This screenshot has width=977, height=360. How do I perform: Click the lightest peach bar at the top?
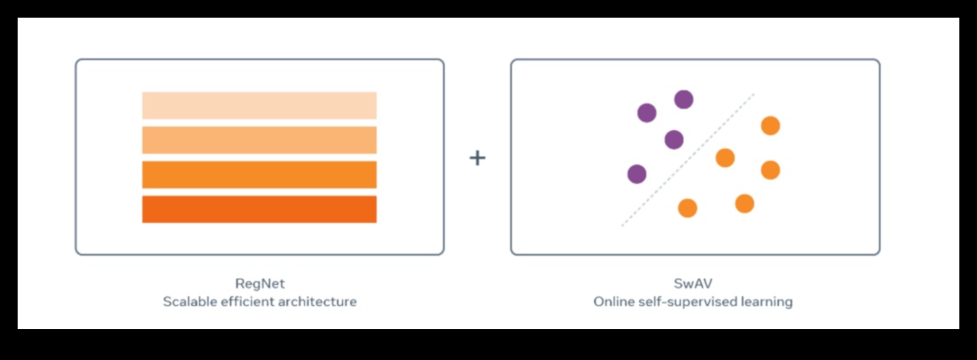click(x=259, y=105)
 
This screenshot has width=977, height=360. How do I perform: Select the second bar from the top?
click(x=259, y=140)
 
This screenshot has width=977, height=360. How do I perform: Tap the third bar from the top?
click(x=259, y=174)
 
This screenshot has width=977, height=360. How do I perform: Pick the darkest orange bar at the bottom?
click(x=259, y=209)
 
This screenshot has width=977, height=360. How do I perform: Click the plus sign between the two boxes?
click(x=477, y=158)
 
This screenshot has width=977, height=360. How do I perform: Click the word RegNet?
click(x=260, y=284)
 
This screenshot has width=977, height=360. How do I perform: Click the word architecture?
click(x=322, y=302)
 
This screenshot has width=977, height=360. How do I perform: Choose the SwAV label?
click(x=693, y=284)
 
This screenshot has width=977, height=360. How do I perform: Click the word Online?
click(x=614, y=302)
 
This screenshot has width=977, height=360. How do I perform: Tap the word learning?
click(x=767, y=302)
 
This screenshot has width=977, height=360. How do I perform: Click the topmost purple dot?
click(x=683, y=99)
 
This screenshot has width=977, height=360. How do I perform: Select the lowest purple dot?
click(x=637, y=174)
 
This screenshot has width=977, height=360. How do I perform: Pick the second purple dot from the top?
click(x=647, y=112)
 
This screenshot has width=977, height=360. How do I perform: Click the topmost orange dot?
click(x=770, y=126)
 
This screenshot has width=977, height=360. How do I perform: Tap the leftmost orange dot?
click(x=687, y=208)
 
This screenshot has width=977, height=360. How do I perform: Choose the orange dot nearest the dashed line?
click(x=725, y=157)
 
